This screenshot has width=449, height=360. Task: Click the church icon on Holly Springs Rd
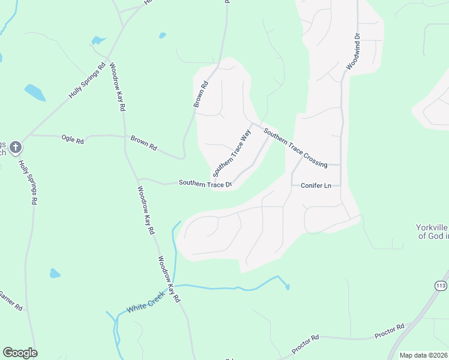(16, 146)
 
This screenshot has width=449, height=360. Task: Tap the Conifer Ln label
(316, 185)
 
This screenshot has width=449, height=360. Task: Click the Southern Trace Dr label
(205, 184)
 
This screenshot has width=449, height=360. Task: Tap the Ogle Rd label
(72, 139)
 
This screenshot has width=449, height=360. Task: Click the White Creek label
(145, 304)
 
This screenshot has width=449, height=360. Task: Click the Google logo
(20, 353)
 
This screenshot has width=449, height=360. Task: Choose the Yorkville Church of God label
(432, 232)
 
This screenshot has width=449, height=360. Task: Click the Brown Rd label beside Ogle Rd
(143, 143)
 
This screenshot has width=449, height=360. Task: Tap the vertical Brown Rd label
(200, 94)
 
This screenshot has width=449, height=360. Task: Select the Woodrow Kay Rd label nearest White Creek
(169, 280)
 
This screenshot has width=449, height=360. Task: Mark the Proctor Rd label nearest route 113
(390, 331)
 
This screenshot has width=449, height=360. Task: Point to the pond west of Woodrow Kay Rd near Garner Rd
(55, 274)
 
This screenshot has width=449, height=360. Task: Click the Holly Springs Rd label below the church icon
(26, 182)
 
